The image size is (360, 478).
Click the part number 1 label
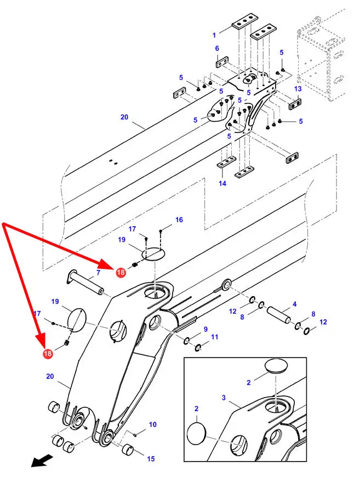click(x=214, y=35)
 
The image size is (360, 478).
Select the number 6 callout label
click(x=217, y=49)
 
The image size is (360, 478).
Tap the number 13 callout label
click(x=298, y=89)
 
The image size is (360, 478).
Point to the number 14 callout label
click(x=222, y=183)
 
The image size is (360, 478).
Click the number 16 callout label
click(x=179, y=220)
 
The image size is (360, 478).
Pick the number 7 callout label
click(x=98, y=273)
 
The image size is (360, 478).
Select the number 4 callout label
click(x=294, y=304)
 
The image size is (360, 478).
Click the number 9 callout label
click(x=205, y=329)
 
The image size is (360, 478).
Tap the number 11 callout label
click(x=214, y=337)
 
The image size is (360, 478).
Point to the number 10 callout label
click(x=152, y=424)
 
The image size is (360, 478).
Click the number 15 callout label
click(x=151, y=459)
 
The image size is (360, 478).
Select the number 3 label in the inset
click(x=223, y=398)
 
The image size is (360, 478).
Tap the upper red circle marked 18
click(x=120, y=270)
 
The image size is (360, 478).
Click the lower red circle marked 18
click(x=48, y=355)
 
